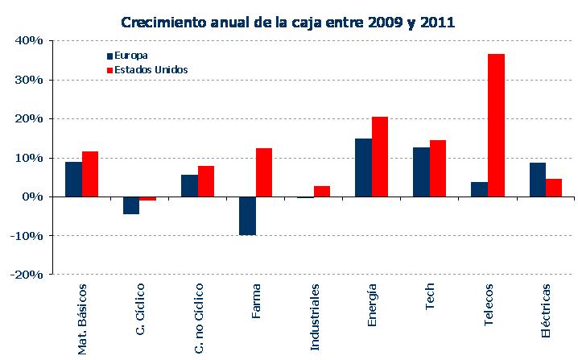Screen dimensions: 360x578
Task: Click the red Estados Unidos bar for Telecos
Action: (x=496, y=125)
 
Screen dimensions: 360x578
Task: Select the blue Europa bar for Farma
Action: (x=247, y=215)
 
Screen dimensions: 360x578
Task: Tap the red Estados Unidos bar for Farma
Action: (x=264, y=172)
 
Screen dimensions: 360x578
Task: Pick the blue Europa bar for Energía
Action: (x=363, y=168)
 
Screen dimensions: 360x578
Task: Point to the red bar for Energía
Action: (x=380, y=156)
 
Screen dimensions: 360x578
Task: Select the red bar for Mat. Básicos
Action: (x=90, y=174)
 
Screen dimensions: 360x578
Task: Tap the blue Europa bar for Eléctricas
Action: (x=538, y=180)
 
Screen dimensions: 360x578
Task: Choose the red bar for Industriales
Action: (x=322, y=191)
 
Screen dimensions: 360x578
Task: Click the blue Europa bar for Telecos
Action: (x=479, y=189)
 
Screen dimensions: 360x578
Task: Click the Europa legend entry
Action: (x=131, y=56)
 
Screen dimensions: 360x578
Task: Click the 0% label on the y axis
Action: (x=33, y=197)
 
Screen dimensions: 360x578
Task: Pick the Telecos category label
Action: (x=489, y=306)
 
